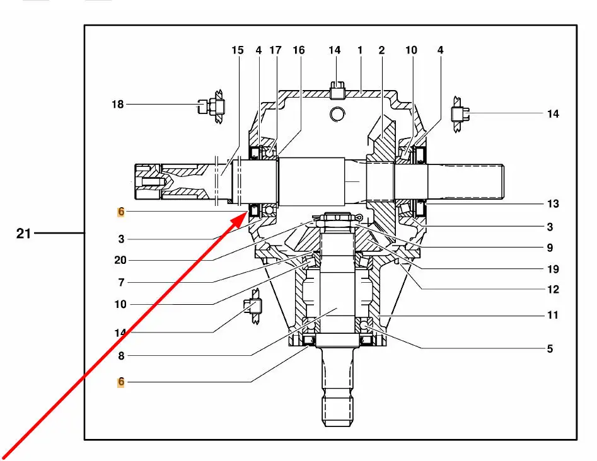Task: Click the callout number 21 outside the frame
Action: coord(23,233)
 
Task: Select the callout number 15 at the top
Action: coord(237,50)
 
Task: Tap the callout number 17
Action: coord(275,50)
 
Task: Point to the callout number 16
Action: coord(299,50)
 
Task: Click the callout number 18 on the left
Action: coord(118,104)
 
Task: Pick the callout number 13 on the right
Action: coord(553,204)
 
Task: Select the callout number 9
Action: coord(550,248)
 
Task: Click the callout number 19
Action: coord(553,270)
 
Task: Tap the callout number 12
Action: coord(553,290)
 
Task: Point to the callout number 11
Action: coord(553,315)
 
